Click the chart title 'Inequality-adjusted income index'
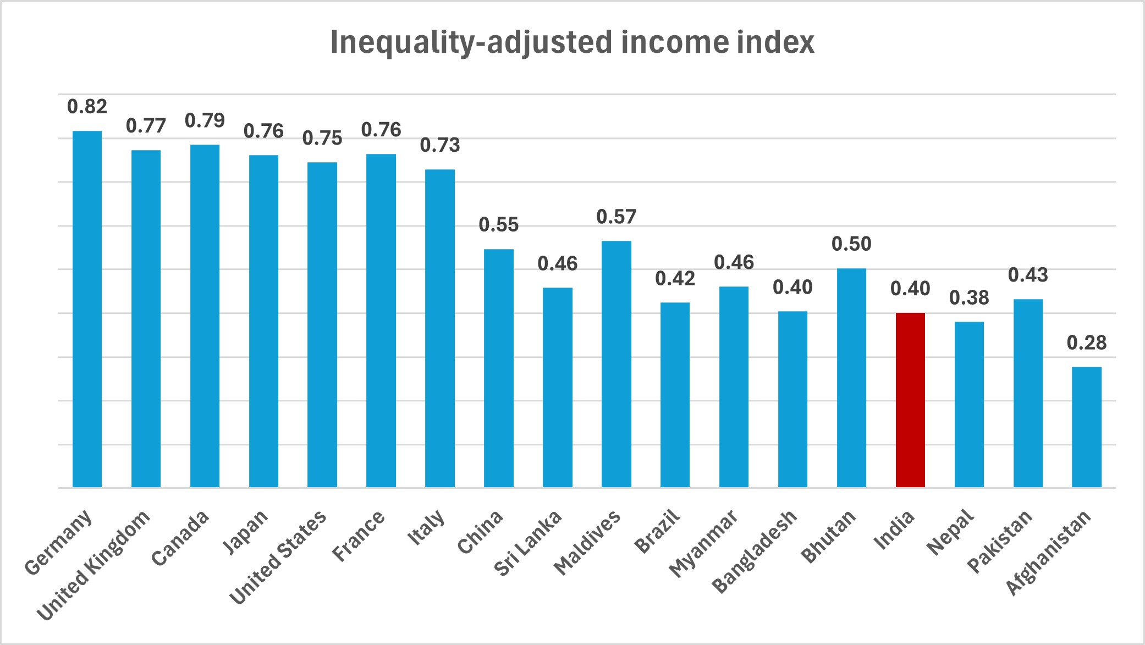tap(572, 42)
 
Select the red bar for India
tap(910, 400)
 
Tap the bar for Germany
tap(87, 309)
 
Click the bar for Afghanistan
tap(1087, 427)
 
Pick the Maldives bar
tap(616, 364)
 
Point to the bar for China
tap(498, 368)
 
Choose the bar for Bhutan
tap(851, 378)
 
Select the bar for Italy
tap(440, 328)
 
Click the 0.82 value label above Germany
tap(87, 107)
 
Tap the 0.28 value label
tap(1087, 343)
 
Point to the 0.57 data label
tap(616, 217)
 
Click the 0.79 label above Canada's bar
tap(205, 120)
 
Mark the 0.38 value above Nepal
tap(969, 298)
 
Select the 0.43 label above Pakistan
tap(1028, 275)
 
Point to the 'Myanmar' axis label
tap(704, 543)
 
